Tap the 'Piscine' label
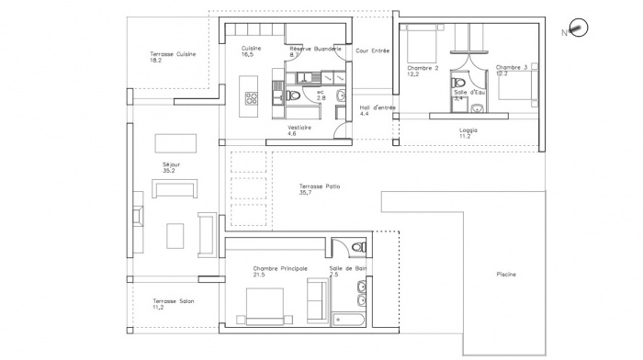tap(505, 274)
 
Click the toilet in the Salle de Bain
tap(356, 249)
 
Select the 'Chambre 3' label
tap(511, 67)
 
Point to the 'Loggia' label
tap(468, 129)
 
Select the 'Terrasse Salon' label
tap(173, 301)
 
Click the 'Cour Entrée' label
tap(374, 51)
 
